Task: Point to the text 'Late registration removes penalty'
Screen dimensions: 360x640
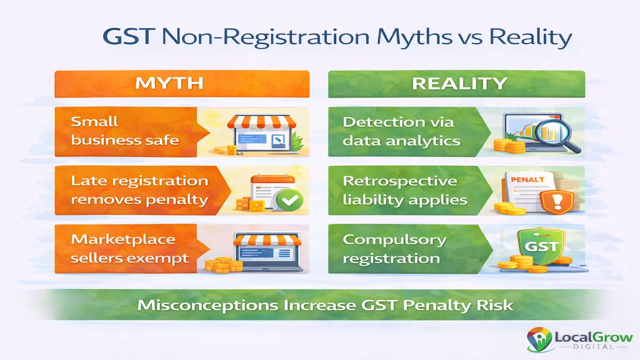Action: pos(140,190)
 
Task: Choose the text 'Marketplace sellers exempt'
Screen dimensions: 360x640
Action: pos(130,249)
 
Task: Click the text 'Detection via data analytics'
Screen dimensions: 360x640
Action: pos(401,131)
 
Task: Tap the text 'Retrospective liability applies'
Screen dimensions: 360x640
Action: pos(405,190)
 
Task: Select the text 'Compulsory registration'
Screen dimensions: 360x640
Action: pos(395,249)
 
